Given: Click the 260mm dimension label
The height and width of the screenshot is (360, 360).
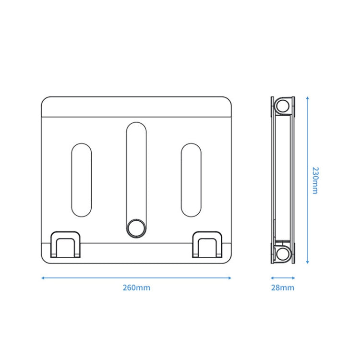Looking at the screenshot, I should click(136, 288).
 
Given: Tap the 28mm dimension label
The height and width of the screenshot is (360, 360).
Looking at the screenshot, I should click(283, 288).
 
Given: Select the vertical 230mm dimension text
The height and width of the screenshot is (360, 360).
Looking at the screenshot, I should click(315, 180).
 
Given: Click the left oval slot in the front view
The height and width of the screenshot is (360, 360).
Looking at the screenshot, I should click(81, 180).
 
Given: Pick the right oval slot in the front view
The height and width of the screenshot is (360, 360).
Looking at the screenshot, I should click(191, 180).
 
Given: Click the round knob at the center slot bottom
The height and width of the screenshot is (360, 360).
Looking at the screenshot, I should click(136, 228).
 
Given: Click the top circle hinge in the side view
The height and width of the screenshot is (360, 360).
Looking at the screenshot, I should click(283, 106).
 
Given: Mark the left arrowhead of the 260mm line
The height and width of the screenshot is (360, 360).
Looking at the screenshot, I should click(43, 277).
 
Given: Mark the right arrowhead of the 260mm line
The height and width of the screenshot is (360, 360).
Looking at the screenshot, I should click(230, 277).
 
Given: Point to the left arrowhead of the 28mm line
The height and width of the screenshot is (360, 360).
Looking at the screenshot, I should click(272, 277).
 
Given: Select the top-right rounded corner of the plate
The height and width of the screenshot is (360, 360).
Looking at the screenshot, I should click(229, 101).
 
